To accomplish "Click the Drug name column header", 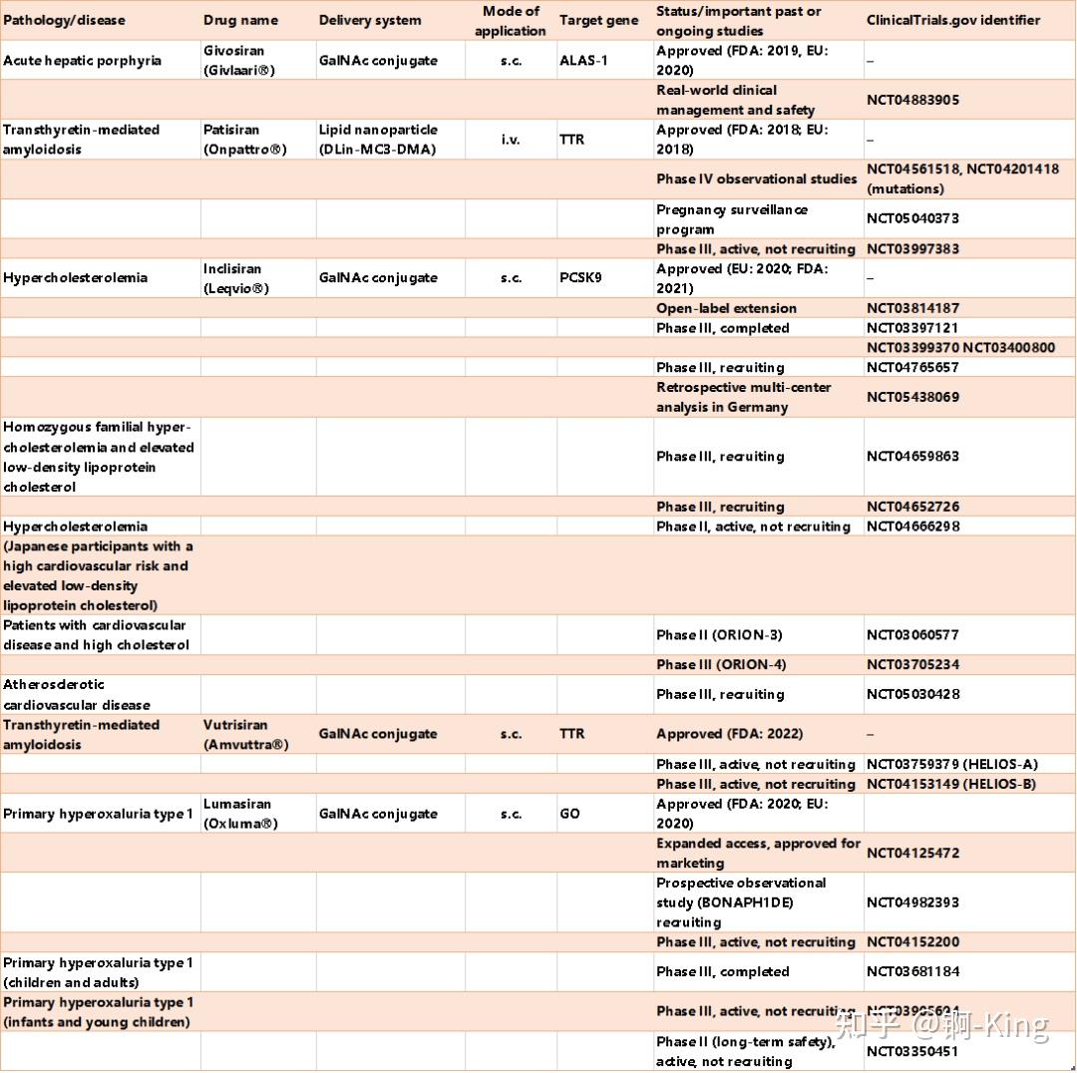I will click(x=240, y=20).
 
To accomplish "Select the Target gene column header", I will click(x=598, y=20).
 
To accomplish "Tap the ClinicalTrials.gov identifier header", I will click(x=952, y=20).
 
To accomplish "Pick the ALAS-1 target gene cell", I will click(x=583, y=60).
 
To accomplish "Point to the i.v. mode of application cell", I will click(x=511, y=140).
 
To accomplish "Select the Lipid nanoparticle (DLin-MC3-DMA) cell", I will click(x=378, y=140).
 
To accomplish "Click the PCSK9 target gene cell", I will click(x=580, y=278).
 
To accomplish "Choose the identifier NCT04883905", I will click(x=912, y=100).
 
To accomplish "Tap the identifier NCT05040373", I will click(x=912, y=218).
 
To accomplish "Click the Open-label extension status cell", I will click(x=726, y=308).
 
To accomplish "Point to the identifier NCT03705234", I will click(x=912, y=665).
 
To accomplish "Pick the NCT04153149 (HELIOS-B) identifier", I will click(x=950, y=784).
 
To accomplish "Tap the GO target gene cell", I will click(x=569, y=814).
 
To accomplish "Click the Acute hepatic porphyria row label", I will click(x=82, y=60).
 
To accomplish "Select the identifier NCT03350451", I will click(x=912, y=1051).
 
